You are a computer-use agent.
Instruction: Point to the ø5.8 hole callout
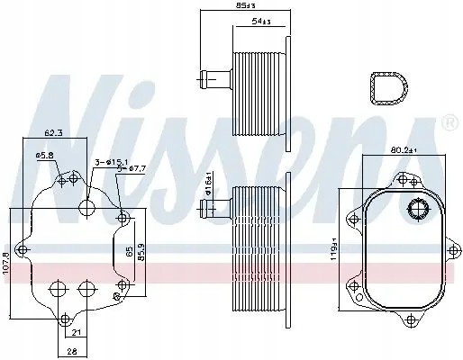tap(45, 157)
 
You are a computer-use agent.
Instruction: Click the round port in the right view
tap(417, 211)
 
